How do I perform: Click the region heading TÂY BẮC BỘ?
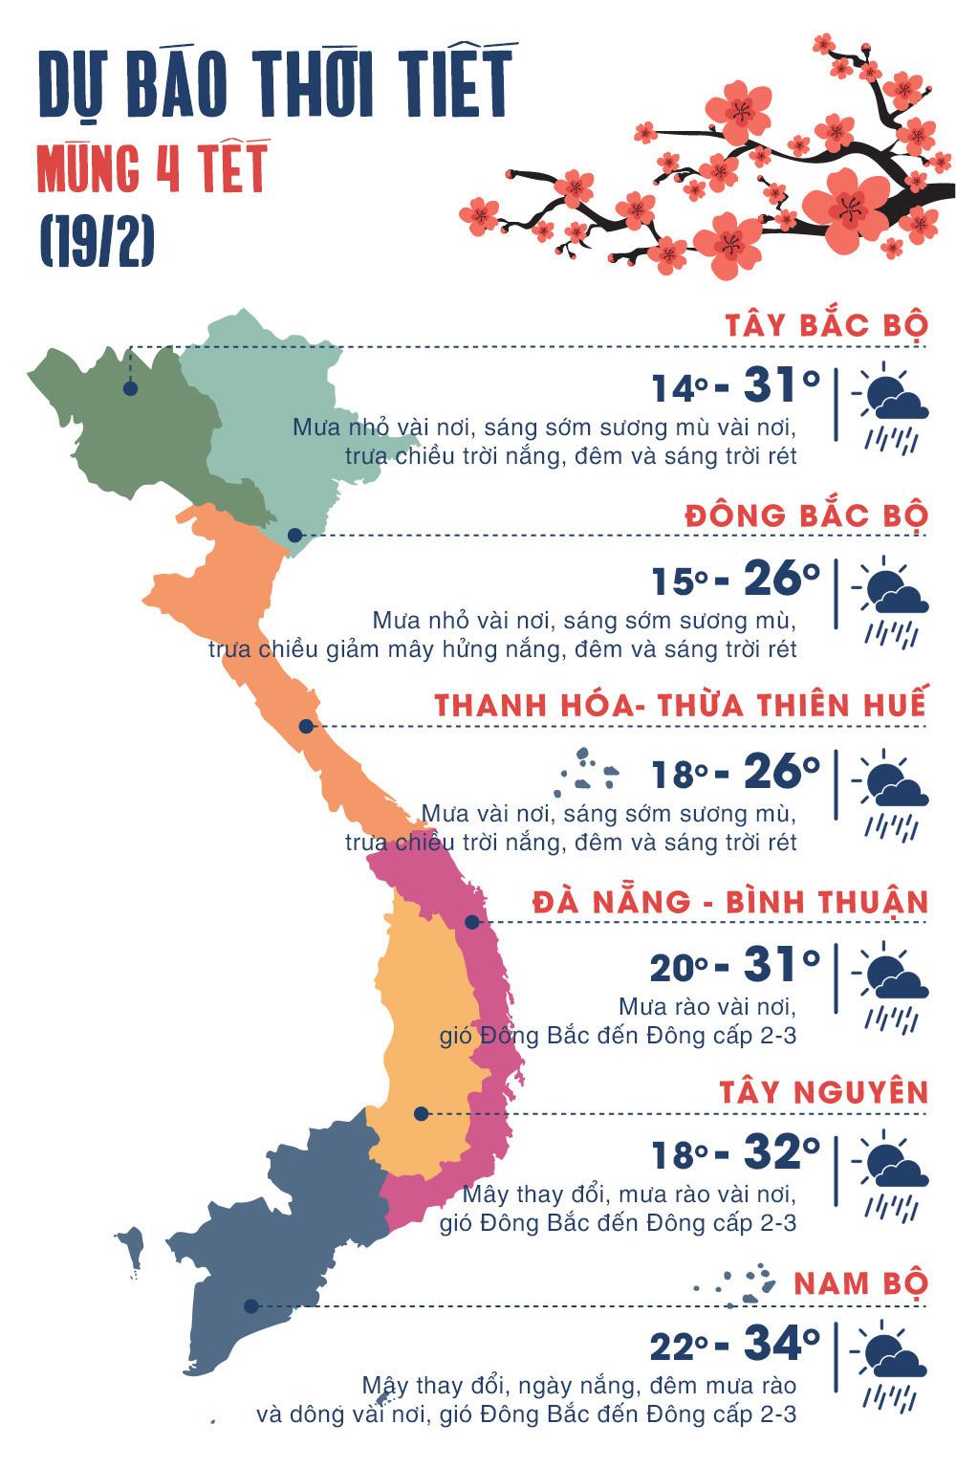coord(826,325)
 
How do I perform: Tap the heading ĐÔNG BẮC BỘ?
coord(806,515)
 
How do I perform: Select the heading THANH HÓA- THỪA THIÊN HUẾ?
coord(680,706)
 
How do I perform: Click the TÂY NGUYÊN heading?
coord(823,1092)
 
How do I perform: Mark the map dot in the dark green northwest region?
coord(130,388)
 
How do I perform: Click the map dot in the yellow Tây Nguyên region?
coord(421,1113)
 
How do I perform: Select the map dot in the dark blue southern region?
coord(250,1305)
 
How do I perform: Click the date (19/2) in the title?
coord(97,243)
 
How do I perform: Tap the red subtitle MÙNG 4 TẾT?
coord(151,170)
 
